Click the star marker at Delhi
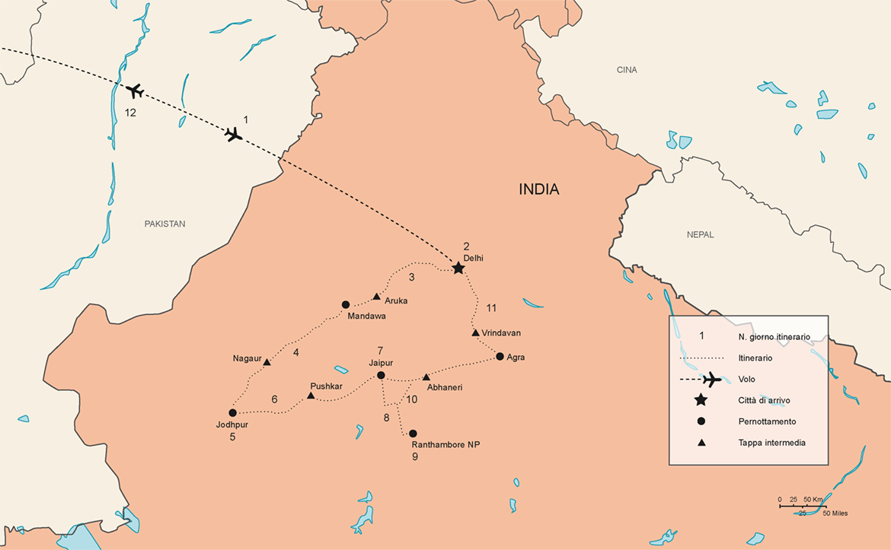[x=458, y=268]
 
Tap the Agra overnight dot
[x=500, y=356]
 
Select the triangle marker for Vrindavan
[x=475, y=332]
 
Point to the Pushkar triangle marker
[x=311, y=396]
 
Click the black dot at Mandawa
[x=346, y=304]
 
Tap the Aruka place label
[x=396, y=300]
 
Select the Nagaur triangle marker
[x=267, y=362]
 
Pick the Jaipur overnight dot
[x=381, y=375]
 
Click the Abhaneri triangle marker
[x=426, y=377]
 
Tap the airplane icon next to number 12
[x=135, y=91]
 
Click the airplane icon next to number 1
[x=234, y=135]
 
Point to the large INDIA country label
[x=539, y=189]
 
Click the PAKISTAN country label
[x=164, y=224]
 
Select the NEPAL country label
[x=699, y=234]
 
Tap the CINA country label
[x=626, y=70]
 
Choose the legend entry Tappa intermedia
[x=771, y=442]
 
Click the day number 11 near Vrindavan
[x=490, y=307]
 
